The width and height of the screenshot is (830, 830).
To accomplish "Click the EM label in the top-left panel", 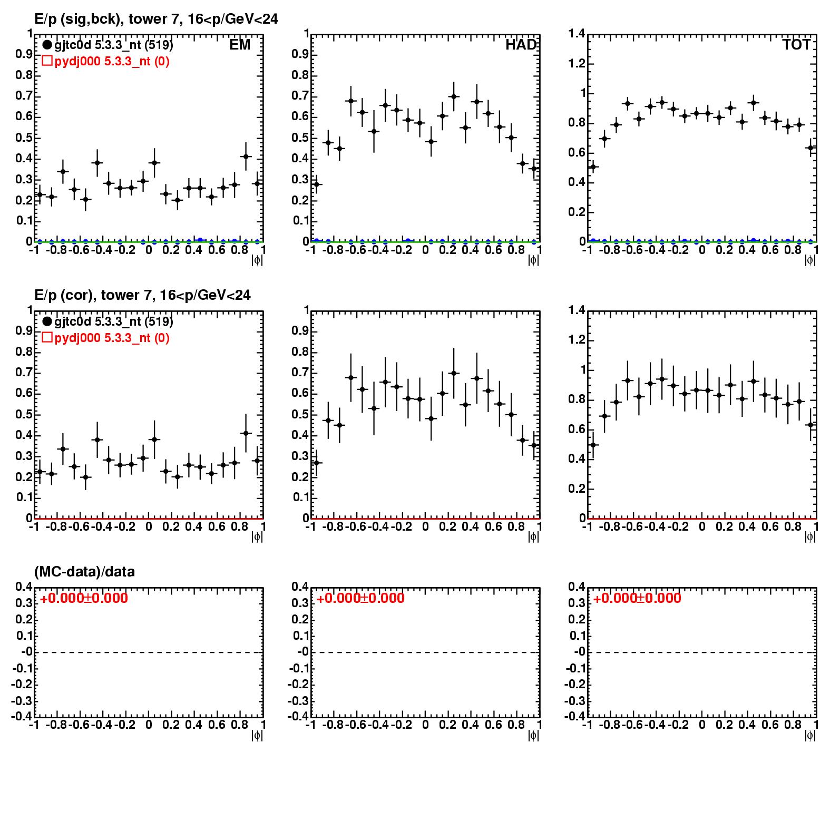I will pyautogui.click(x=240, y=45).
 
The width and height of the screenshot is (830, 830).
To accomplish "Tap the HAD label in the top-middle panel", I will pyautogui.click(x=521, y=45).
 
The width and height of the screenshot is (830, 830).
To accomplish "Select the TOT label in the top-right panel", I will pyautogui.click(x=796, y=45).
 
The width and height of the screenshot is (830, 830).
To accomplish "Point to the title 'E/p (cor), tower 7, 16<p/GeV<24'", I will pyautogui.click(x=142, y=295).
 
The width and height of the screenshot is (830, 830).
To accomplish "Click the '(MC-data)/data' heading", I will pyautogui.click(x=84, y=572).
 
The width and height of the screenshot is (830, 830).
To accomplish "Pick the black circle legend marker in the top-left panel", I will pyautogui.click(x=47, y=45).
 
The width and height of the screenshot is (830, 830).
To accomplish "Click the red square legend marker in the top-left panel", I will pyautogui.click(x=47, y=61).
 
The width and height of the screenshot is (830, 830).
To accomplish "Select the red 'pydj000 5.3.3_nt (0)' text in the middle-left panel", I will pyautogui.click(x=112, y=338).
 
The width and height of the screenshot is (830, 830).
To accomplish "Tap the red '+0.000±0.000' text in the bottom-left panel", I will pyautogui.click(x=84, y=598).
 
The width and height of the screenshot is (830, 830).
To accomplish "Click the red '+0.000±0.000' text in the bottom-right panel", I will pyautogui.click(x=637, y=598).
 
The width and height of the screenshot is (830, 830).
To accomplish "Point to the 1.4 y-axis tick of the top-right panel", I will pyautogui.click(x=577, y=34).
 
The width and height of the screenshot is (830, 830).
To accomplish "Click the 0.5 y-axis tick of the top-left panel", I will pyautogui.click(x=22, y=138).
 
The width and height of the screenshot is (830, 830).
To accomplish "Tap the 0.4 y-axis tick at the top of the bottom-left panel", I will pyautogui.click(x=24, y=587).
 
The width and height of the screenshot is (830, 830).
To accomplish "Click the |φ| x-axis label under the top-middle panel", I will pyautogui.click(x=533, y=260).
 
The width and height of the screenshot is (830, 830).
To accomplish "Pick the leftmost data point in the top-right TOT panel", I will pyautogui.click(x=593, y=167).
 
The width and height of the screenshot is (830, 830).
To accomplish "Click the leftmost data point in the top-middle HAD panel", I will pyautogui.click(x=316, y=184).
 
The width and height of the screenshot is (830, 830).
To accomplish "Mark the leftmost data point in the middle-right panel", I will pyautogui.click(x=593, y=445).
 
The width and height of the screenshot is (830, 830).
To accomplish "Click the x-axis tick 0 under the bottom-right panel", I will pyautogui.click(x=702, y=725).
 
